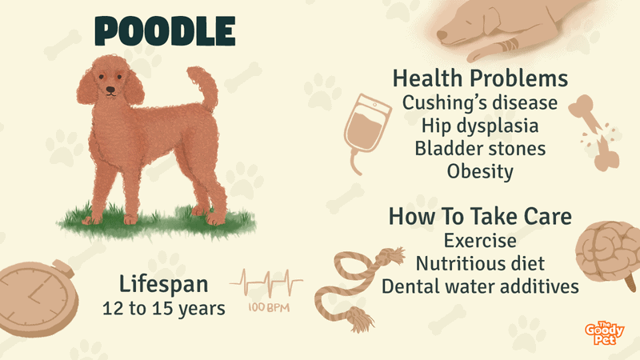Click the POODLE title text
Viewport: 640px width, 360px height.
[165, 31]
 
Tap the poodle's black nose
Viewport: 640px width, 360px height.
[110, 89]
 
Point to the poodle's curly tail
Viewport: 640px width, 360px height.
[204, 88]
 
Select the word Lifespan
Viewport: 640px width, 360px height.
[164, 284]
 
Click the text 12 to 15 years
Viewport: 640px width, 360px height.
[164, 309]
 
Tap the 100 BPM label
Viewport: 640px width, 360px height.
[269, 307]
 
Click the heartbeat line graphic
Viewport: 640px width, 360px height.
[266, 282]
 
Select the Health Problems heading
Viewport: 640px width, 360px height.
[480, 78]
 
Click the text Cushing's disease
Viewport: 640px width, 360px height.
[480, 103]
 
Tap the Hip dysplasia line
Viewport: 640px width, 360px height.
[480, 126]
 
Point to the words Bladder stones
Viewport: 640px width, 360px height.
[480, 149]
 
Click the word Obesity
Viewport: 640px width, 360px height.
[480, 171]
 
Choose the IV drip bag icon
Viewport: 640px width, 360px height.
[366, 130]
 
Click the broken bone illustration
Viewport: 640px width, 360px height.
[595, 133]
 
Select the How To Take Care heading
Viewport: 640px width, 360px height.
[480, 216]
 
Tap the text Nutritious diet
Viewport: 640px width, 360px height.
[480, 264]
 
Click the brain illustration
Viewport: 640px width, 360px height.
[608, 253]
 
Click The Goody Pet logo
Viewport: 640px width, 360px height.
[604, 333]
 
